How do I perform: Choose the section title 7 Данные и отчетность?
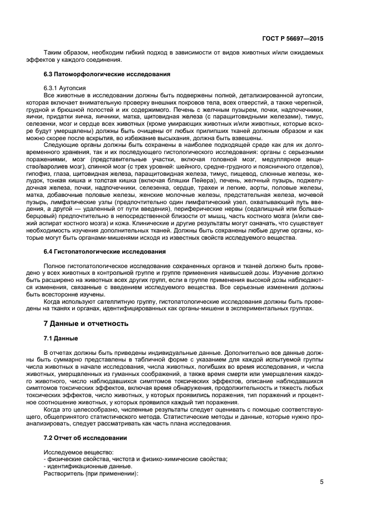coord(82,323)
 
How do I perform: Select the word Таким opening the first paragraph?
coord(53,52)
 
